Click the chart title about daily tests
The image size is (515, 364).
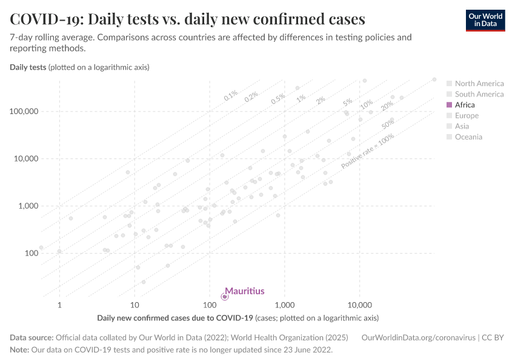click(x=187, y=19)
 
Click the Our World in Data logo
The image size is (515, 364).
click(x=485, y=20)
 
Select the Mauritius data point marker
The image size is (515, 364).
click(x=225, y=297)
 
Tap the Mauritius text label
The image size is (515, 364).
click(x=244, y=291)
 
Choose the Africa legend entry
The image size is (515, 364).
click(x=465, y=105)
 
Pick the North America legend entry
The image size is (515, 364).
click(x=479, y=84)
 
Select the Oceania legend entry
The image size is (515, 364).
click(x=468, y=137)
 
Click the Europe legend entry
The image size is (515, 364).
click(x=467, y=116)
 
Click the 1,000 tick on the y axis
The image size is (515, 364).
click(x=26, y=206)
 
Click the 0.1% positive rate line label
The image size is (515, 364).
click(x=231, y=95)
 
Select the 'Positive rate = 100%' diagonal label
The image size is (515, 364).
click(x=368, y=151)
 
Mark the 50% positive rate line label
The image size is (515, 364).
click(x=388, y=124)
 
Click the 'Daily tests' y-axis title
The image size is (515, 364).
click(x=28, y=67)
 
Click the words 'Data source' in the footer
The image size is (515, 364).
click(x=32, y=338)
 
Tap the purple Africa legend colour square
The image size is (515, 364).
click(x=449, y=105)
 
